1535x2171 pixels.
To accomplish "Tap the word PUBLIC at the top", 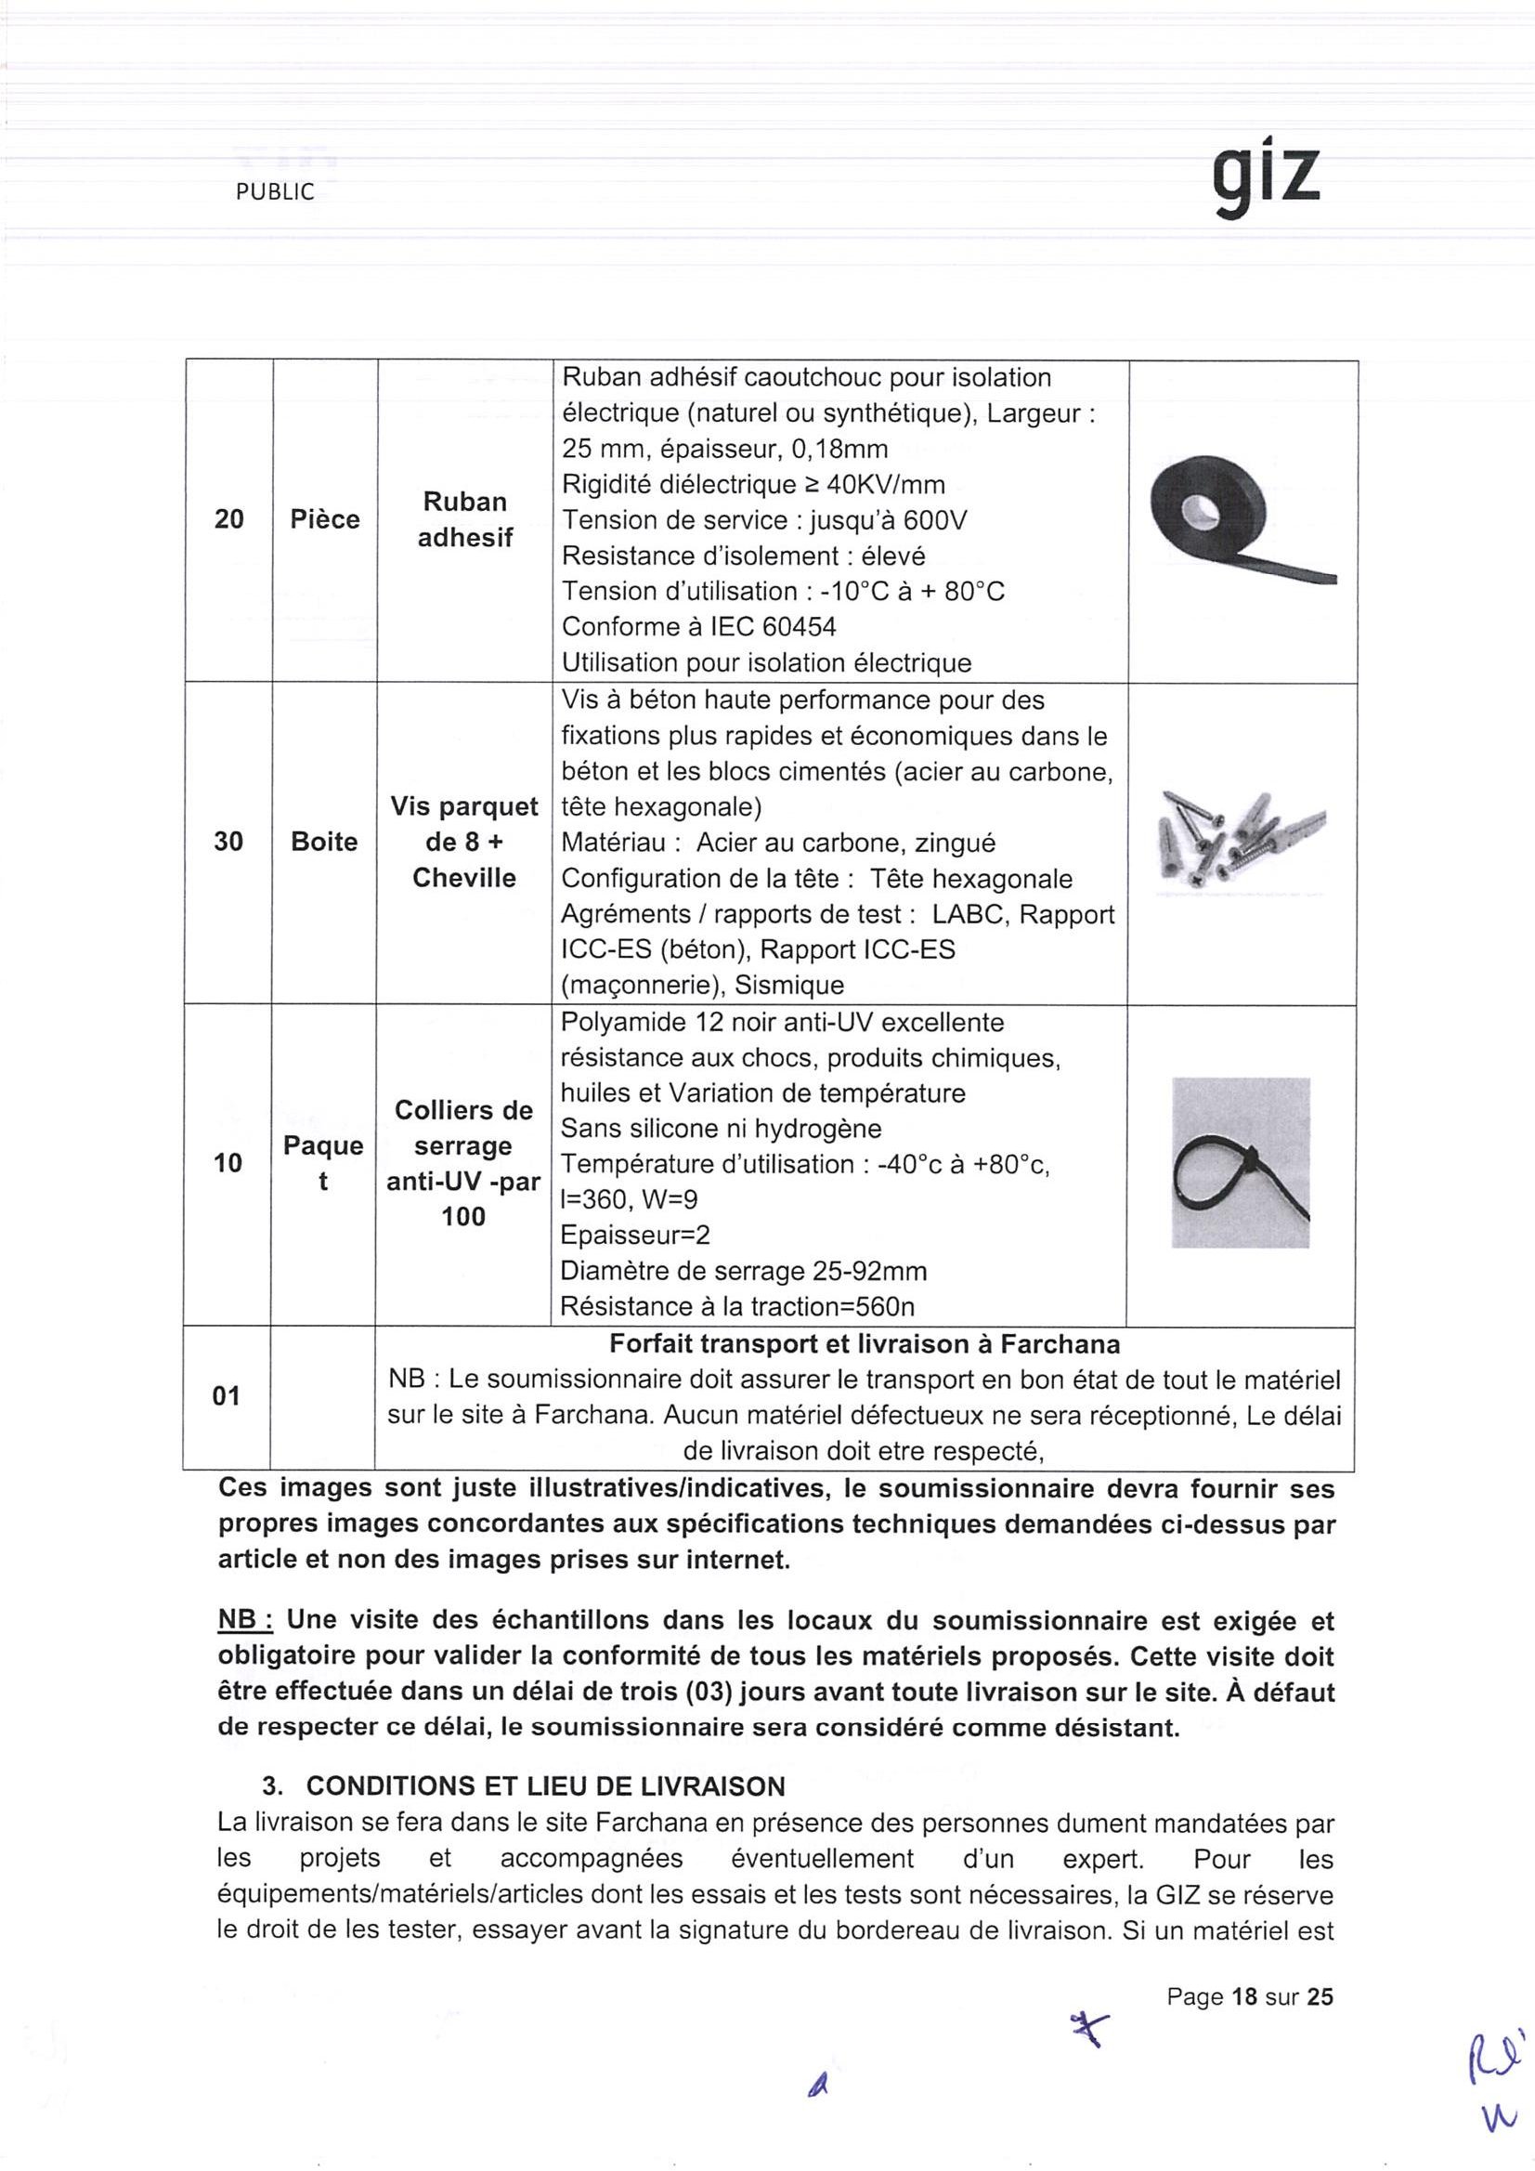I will [274, 192].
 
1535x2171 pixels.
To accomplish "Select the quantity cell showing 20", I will [228, 519].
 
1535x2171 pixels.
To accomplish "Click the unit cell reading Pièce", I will [324, 519].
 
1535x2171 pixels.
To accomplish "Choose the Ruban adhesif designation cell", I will [464, 519].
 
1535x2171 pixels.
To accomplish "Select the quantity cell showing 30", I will [228, 842].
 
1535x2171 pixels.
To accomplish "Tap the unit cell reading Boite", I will [324, 842].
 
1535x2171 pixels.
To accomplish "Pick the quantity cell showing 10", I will [228, 1163].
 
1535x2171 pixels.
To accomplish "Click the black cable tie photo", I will [1240, 1162].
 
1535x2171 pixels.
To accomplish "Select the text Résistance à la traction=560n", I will [737, 1307].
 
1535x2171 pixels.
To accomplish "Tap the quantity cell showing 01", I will [227, 1395].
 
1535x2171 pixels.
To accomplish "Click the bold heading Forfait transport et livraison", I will [864, 1344].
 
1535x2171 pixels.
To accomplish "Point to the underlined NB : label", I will [246, 1621].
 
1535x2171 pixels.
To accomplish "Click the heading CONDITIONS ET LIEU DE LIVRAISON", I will [545, 1786].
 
